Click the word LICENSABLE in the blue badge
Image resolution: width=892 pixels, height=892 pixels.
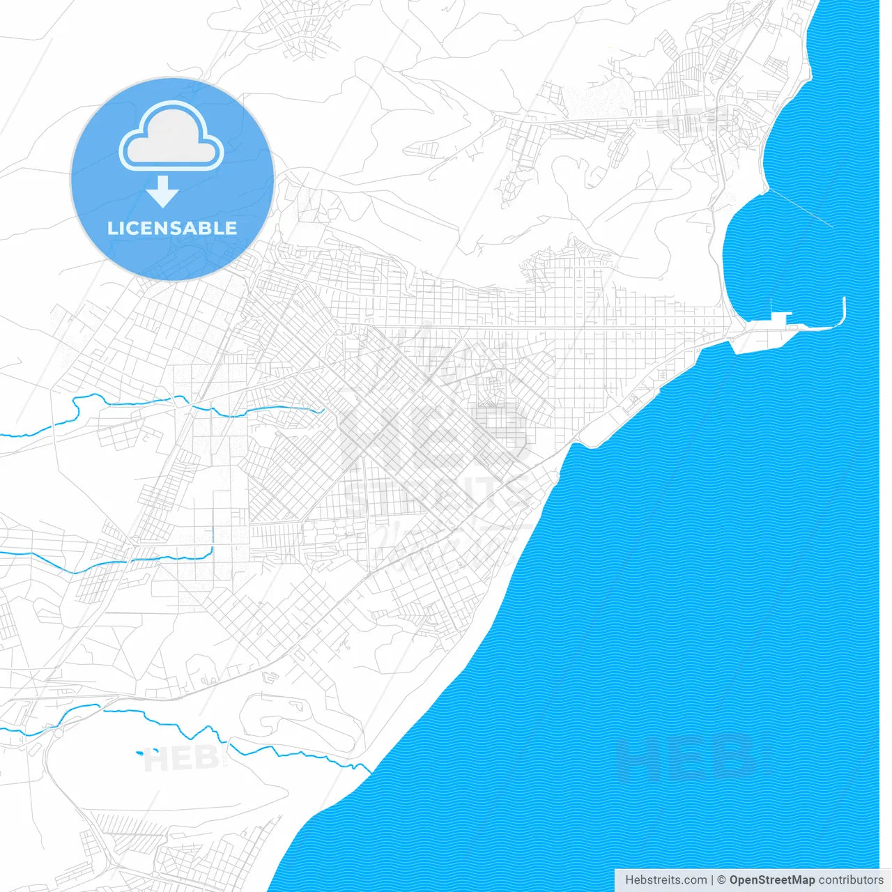[172, 228]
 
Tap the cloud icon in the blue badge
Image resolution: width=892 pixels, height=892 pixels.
[171, 137]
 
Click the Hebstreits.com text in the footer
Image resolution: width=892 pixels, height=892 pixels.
[666, 880]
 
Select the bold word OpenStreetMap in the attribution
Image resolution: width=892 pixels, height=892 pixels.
[771, 880]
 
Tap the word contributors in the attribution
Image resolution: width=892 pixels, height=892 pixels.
[850, 880]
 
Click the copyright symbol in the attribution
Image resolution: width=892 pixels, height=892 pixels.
[721, 880]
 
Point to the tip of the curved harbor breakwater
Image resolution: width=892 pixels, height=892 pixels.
[844, 300]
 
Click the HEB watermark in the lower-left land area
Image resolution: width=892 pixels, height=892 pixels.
[180, 758]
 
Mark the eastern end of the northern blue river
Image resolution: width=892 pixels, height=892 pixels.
[321, 410]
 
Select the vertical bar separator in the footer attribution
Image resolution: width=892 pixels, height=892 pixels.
[712, 880]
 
